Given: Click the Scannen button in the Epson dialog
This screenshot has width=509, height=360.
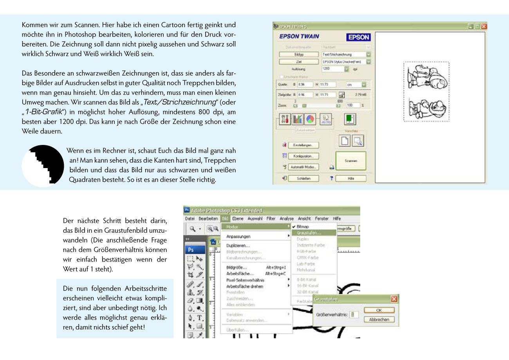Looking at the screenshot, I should pos(350,161).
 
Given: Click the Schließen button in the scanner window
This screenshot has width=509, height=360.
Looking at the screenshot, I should pos(304,178).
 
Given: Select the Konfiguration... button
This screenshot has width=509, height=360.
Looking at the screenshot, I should pos(303,156).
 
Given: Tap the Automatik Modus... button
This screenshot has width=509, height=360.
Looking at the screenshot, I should pos(303,167).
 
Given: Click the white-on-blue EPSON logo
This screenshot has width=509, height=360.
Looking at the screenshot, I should pos(358,37).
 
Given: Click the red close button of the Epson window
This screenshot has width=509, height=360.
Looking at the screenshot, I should pos(484,26).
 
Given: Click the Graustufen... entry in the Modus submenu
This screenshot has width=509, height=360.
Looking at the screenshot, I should pos(309,233).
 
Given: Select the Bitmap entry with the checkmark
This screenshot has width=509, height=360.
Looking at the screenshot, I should pos(303,226).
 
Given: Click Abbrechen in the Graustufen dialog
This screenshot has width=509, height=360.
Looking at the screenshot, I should pos(379,320).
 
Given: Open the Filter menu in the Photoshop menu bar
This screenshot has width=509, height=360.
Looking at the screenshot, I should pos(271,219).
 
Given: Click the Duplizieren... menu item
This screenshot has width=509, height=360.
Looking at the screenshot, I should pos(238,245).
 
